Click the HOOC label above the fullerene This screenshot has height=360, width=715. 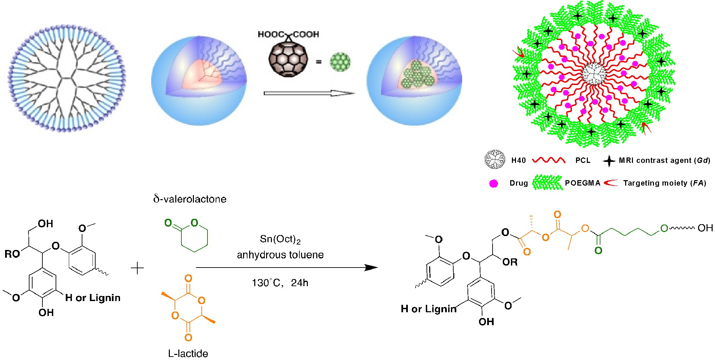click(x=271, y=34)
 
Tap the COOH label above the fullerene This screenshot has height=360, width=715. click(x=306, y=34)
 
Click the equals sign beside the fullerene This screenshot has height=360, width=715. click(x=319, y=62)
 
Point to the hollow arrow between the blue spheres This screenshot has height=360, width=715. click(x=309, y=93)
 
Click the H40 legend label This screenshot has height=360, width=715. click(x=518, y=160)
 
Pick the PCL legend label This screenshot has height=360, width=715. click(x=583, y=160)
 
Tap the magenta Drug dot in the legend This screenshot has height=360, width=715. click(x=494, y=184)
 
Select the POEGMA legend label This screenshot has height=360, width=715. click(x=582, y=183)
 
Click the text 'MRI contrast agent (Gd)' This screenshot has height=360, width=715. click(x=664, y=160)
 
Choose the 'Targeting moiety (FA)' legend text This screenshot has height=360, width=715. click(x=664, y=183)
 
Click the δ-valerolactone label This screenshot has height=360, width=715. click(x=190, y=199)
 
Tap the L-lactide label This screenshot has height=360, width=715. click(x=188, y=353)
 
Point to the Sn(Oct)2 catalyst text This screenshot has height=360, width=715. click(x=280, y=239)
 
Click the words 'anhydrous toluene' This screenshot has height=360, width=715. click(x=280, y=255)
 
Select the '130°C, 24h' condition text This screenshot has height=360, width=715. click(x=280, y=283)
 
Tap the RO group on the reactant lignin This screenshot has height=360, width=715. click(x=12, y=254)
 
